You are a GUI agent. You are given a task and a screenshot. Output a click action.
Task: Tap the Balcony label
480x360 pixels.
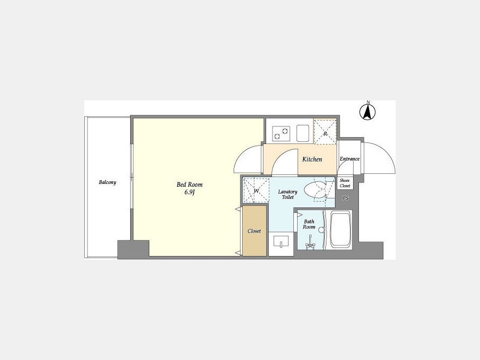[107, 182]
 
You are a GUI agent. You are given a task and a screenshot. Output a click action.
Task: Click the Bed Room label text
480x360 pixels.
[189, 185]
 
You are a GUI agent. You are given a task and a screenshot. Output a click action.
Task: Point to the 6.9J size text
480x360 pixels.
[190, 193]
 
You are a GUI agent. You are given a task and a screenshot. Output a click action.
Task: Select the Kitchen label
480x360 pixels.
[312, 159]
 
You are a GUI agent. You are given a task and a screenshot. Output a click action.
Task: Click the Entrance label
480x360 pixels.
[349, 159]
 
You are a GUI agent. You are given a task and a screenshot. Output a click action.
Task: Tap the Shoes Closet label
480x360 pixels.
[345, 183]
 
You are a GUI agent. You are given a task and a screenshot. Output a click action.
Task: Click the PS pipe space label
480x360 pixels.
[345, 198]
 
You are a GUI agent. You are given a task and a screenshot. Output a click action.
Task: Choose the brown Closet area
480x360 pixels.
[254, 231]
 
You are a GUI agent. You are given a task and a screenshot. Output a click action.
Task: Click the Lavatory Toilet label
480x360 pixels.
[288, 194]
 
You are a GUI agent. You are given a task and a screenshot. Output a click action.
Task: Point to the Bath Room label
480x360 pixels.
[309, 225]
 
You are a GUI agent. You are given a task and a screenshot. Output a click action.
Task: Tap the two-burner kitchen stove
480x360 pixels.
[281, 134]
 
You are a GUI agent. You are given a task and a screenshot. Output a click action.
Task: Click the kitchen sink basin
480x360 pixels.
[303, 133]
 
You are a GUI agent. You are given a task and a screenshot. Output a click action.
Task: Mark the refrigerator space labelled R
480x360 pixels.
[325, 132]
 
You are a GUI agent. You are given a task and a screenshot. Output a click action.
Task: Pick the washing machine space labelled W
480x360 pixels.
[256, 190]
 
